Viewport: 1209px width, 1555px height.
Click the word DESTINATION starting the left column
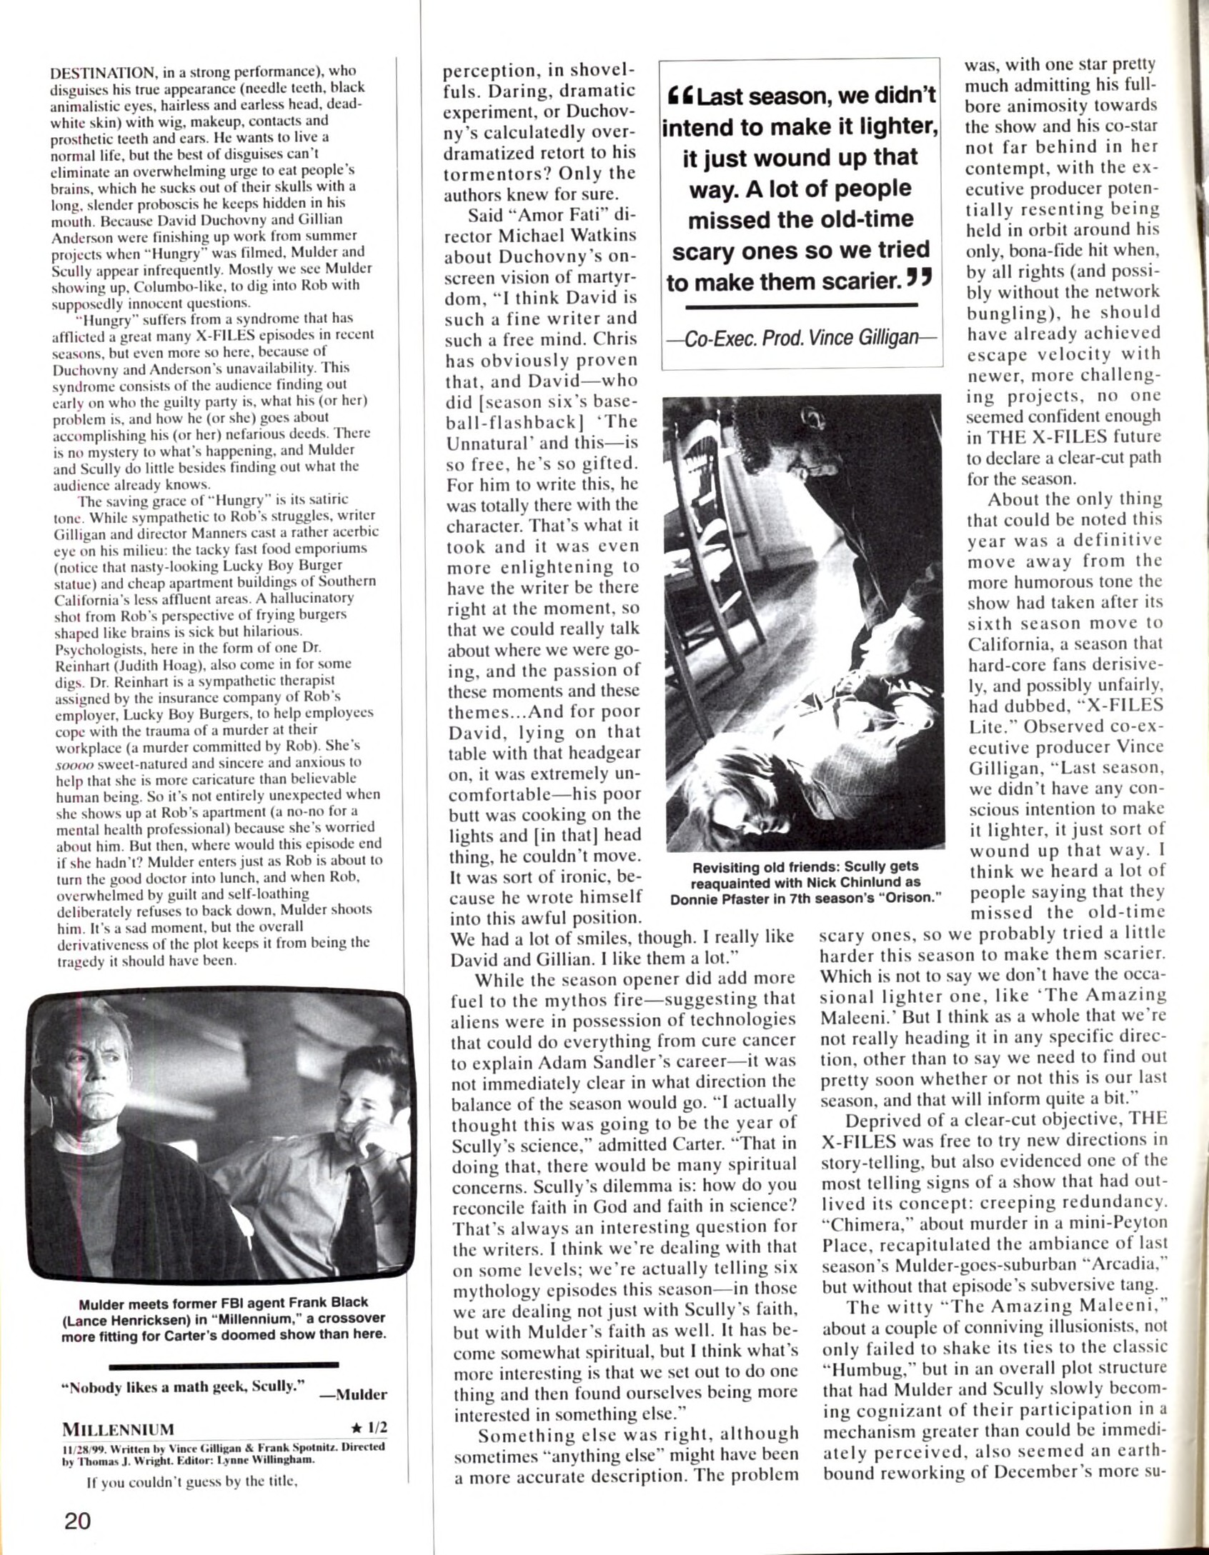(105, 72)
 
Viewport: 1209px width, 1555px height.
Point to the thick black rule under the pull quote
(800, 306)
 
